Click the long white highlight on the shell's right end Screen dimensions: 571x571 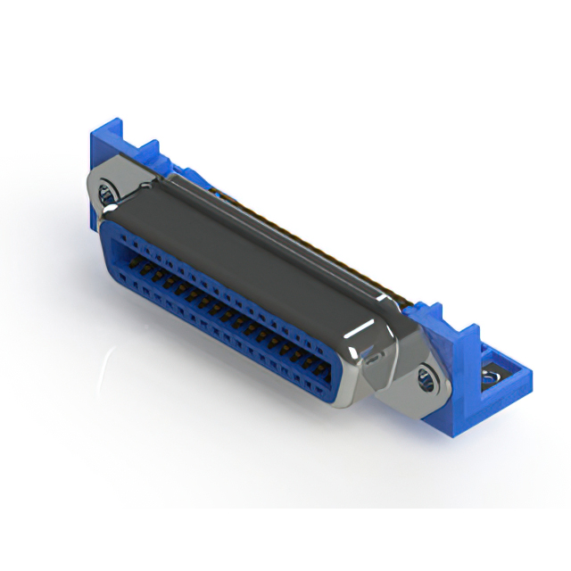pos(367,335)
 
